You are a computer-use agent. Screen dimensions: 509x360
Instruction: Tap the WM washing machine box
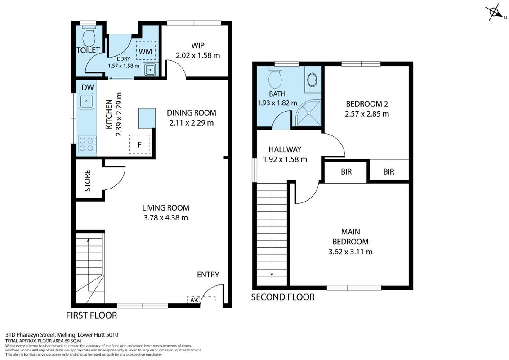(x=146, y=50)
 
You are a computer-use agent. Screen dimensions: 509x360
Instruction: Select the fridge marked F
(x=140, y=144)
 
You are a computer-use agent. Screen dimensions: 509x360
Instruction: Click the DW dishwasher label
(x=88, y=87)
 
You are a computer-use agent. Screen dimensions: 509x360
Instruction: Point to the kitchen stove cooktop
(x=87, y=144)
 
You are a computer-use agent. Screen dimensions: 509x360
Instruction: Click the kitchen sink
(x=86, y=101)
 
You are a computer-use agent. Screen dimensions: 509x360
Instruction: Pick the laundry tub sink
(x=150, y=70)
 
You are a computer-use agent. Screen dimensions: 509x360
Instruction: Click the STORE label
(x=88, y=180)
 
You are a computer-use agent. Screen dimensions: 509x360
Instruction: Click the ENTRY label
(x=208, y=274)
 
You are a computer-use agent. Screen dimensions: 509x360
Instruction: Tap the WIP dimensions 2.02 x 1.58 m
(x=198, y=55)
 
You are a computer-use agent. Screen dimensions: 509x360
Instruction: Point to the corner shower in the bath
(x=308, y=113)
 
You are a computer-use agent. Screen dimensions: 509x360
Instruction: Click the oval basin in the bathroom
(x=313, y=80)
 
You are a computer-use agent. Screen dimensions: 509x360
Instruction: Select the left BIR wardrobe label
(x=346, y=171)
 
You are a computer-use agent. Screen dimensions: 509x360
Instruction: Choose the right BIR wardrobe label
(x=389, y=171)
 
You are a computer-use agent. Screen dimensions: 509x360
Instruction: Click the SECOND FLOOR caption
(x=283, y=297)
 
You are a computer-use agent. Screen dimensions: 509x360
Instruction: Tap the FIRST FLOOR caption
(x=92, y=315)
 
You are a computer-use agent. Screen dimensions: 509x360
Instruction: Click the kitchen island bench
(x=147, y=118)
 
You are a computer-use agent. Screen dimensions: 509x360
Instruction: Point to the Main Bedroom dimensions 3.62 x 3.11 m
(x=351, y=252)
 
